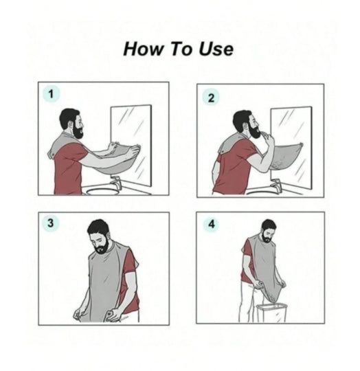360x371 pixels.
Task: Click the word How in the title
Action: (144, 49)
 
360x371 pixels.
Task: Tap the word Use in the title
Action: (216, 49)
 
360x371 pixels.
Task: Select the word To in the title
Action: (181, 49)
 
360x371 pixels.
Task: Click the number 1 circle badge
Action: (51, 94)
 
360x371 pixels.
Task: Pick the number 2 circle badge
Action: (211, 98)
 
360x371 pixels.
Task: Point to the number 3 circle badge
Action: (51, 223)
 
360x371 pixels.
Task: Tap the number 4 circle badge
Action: (212, 224)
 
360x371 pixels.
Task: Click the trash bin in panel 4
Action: (271, 313)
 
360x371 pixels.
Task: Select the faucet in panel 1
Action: (116, 182)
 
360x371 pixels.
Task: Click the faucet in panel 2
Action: (276, 185)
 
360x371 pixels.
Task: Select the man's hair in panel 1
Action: (68, 116)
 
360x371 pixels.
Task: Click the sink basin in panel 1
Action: (102, 191)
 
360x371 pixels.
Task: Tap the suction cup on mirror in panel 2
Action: (301, 144)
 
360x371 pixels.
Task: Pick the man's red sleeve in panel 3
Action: (129, 260)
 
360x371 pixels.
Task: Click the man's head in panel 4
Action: (269, 231)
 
